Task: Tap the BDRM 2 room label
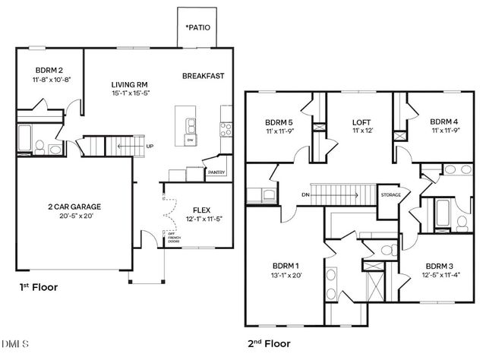tap(48, 68)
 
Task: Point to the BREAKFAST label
tap(203, 75)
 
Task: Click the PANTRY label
tap(216, 173)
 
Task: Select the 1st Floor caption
tap(39, 287)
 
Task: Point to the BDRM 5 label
tap(279, 122)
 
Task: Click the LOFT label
tap(361, 122)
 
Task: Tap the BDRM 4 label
tap(443, 122)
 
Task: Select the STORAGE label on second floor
tap(390, 194)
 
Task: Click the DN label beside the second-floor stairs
tap(305, 195)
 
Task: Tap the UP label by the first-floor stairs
tap(150, 147)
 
